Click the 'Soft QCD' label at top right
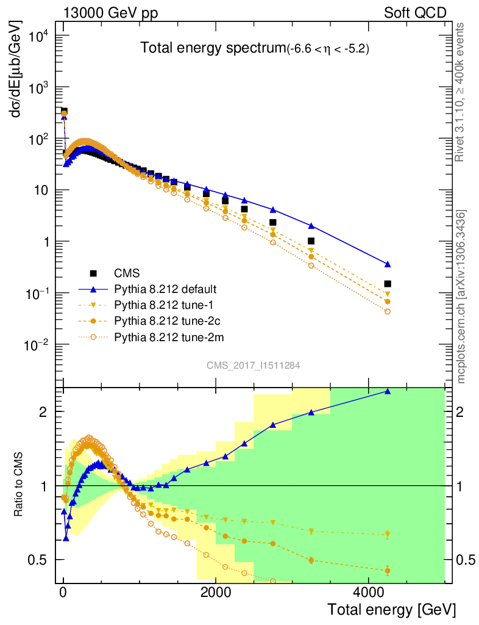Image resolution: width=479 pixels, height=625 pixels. pos(414,13)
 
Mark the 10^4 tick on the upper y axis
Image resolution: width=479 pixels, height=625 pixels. pos(38,36)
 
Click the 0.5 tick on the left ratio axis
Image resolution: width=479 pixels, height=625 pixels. pos(38,560)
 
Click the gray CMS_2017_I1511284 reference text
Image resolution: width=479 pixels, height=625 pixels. pos(252,364)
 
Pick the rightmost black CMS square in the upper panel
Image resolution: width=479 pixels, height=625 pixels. pos(387,284)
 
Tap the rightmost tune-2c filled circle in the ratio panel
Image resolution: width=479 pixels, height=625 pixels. pos(387,571)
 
